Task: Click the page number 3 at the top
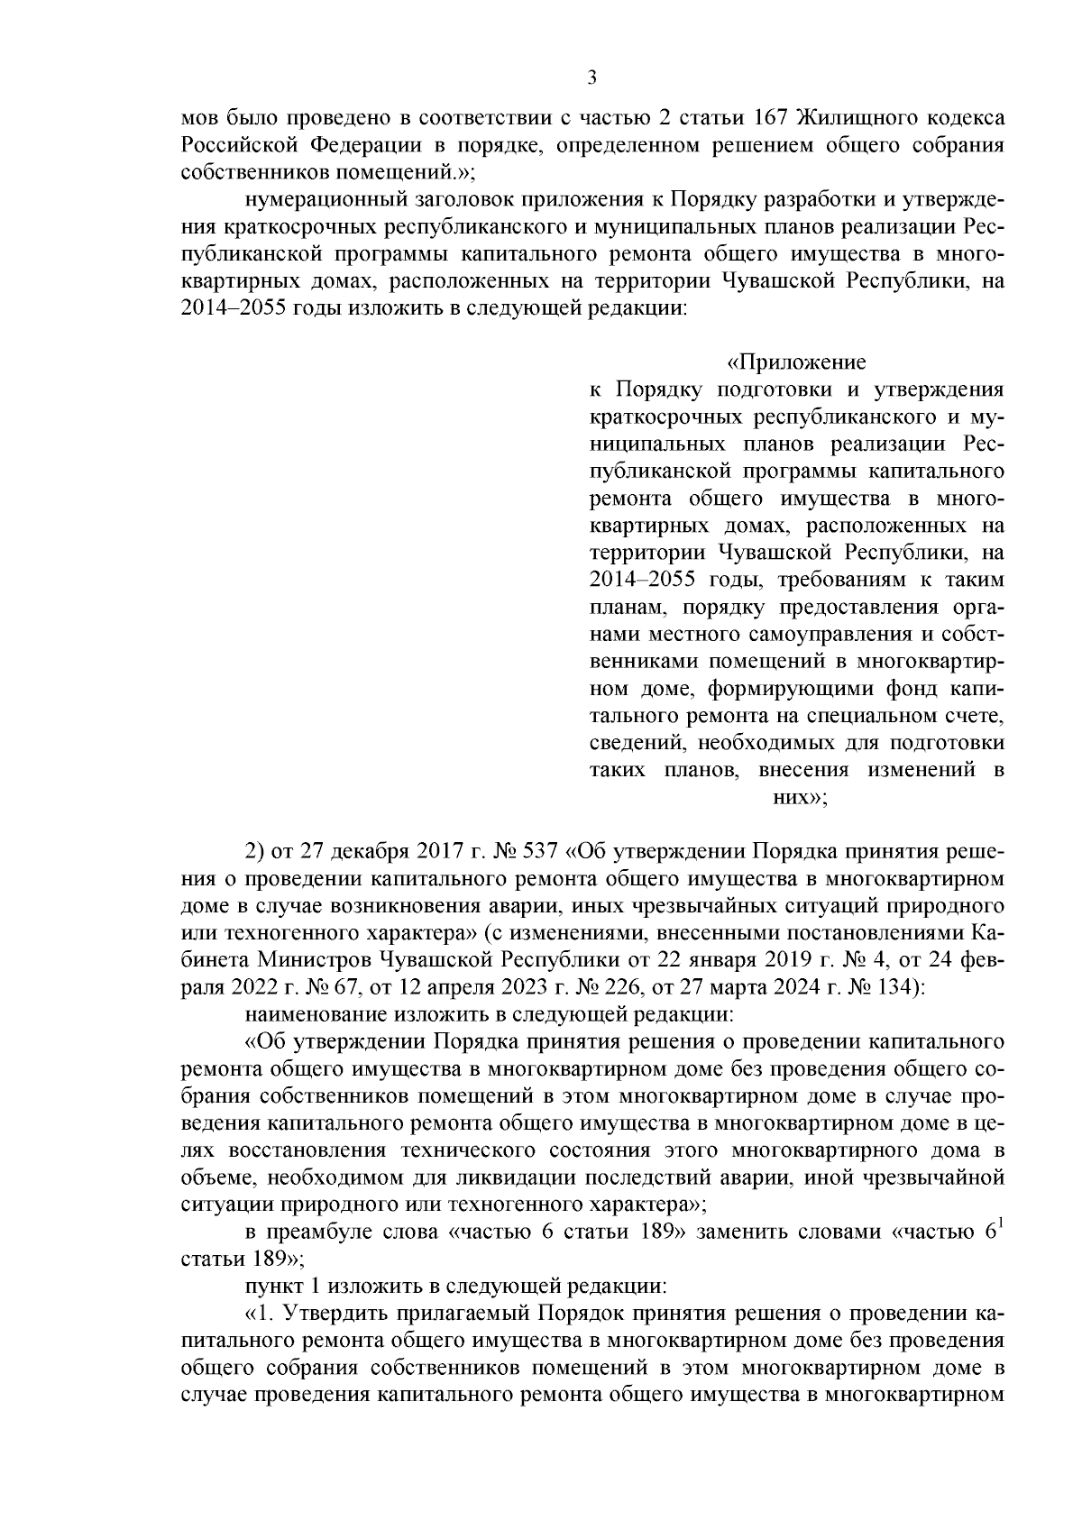591,78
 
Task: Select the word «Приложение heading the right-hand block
796,362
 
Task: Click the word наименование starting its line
309,1013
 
